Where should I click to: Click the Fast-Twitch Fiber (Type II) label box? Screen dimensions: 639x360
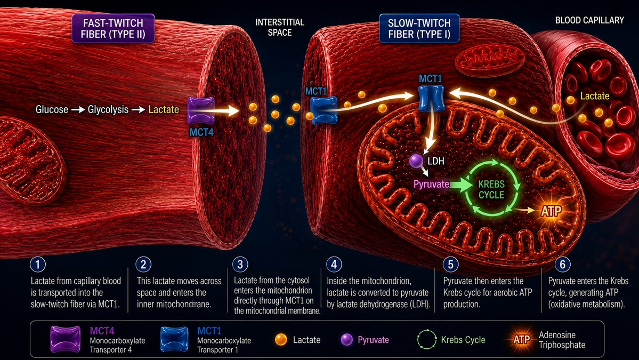pos(113,29)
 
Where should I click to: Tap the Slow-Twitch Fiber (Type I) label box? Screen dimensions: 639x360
pos(419,29)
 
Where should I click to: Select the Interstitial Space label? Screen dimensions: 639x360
pos(280,27)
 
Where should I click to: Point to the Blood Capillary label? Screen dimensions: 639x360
pos(589,20)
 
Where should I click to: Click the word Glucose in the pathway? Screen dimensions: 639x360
pos(52,109)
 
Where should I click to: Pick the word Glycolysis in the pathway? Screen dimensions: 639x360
pos(108,109)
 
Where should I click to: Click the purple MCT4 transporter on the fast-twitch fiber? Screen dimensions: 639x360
pos(201,110)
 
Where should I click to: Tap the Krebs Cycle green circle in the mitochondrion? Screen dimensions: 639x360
pos(491,188)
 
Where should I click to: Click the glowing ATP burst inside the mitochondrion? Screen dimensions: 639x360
pos(551,211)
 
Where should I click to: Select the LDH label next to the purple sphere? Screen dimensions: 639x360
pos(435,161)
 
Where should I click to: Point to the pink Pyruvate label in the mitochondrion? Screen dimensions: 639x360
pos(431,185)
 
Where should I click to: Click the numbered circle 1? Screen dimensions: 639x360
pos(38,265)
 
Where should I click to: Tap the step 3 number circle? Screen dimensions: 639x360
pos(240,265)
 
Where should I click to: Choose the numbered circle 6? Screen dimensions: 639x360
pos(562,265)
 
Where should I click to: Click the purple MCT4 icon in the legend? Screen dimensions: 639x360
pos(65,339)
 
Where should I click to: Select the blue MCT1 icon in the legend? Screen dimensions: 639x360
pos(174,339)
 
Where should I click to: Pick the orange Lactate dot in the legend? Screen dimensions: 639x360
pos(281,340)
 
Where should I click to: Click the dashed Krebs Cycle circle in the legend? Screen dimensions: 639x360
pos(427,339)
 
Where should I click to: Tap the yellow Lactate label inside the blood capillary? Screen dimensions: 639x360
pos(595,96)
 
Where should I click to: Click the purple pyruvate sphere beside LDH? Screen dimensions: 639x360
pos(416,161)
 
